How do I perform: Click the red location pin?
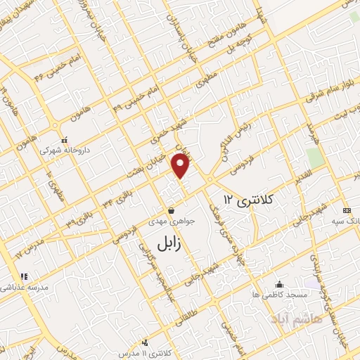coord(181,165)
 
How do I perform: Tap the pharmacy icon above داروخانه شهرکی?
coord(64,139)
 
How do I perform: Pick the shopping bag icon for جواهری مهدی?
coord(172,210)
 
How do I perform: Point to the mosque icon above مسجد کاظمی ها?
coord(280,285)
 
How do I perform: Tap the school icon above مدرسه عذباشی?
coord(23,276)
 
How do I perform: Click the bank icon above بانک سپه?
coord(346,210)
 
